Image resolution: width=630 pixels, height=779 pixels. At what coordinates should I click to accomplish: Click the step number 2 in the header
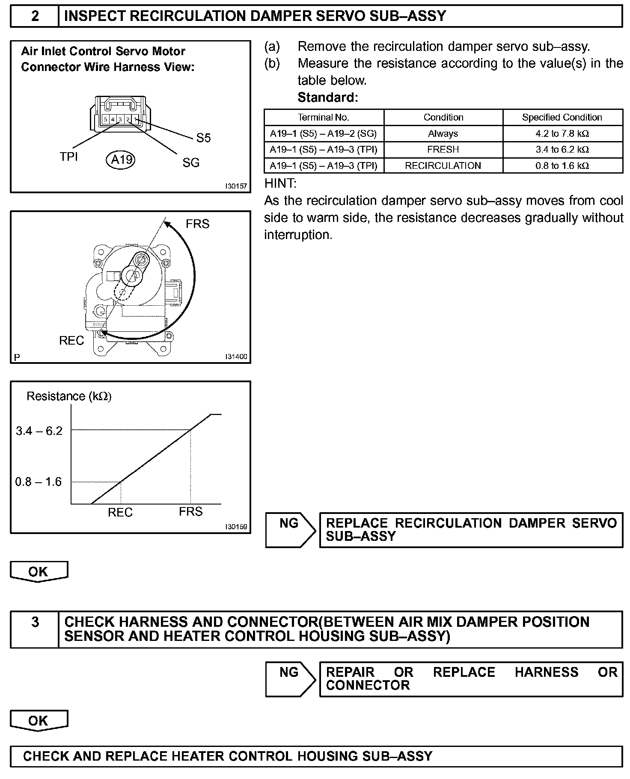tap(35, 16)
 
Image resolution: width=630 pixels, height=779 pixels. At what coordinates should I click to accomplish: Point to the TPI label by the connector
tap(69, 157)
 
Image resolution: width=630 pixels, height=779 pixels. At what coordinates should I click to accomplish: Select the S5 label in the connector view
tap(204, 138)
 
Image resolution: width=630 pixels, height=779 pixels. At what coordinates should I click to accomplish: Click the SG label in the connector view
tap(191, 162)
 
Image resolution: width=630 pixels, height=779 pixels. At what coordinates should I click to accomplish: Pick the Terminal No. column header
tap(324, 117)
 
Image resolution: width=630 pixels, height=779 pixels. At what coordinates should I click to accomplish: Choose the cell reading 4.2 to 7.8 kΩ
tap(562, 133)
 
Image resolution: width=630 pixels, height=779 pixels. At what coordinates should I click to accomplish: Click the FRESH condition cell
tap(443, 150)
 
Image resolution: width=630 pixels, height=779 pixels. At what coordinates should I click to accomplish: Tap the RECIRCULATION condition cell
tap(443, 165)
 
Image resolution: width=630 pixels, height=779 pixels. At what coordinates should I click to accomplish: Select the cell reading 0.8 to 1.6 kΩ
tap(562, 165)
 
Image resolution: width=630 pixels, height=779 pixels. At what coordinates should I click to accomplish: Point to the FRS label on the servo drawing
tap(198, 224)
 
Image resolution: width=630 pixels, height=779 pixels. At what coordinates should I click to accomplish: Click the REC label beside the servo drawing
tap(71, 341)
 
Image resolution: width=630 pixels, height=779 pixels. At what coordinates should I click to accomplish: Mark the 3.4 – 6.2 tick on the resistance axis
tap(39, 431)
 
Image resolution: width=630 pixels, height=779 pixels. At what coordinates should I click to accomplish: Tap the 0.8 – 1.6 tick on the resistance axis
tap(39, 482)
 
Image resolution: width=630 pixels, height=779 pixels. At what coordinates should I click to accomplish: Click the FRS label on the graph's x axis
tap(190, 511)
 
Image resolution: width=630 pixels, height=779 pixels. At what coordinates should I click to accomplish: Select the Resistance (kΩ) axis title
tap(69, 396)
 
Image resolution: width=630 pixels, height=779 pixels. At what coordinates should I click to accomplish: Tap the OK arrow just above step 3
tap(39, 572)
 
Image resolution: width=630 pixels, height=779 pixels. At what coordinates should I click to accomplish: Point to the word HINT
tap(280, 183)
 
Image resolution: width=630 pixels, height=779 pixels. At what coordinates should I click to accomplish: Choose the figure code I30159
tap(236, 527)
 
